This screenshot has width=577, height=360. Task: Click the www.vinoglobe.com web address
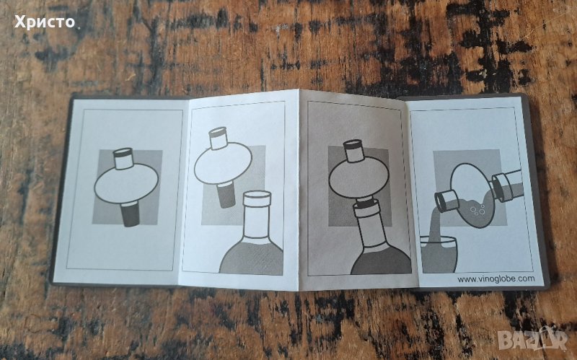[x=496, y=279]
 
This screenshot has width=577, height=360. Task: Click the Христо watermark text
[x=45, y=22]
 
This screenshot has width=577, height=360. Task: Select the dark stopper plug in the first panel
[x=131, y=214]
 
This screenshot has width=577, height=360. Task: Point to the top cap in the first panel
[x=123, y=159]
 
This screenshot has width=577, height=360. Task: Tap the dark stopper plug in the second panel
[x=226, y=194]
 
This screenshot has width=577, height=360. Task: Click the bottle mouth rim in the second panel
[x=257, y=198]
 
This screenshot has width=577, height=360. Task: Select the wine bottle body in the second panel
[x=252, y=254]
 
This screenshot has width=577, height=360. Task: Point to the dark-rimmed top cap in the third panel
[x=354, y=151]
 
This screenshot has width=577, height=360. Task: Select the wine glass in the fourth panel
[x=439, y=255]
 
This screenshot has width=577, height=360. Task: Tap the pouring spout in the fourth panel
[x=446, y=201]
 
